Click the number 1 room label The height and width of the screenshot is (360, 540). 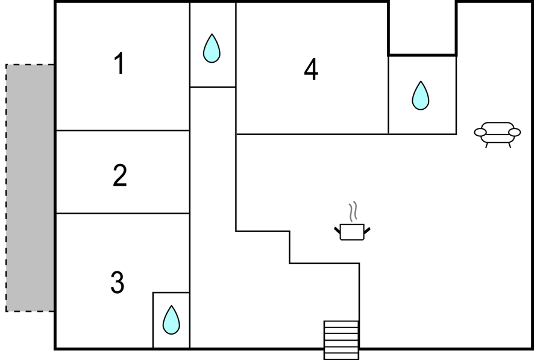pos(119,63)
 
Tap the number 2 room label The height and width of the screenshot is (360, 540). pos(120,175)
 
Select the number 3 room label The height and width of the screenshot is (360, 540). pos(118,282)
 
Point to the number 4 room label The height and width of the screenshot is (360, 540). pos(311,69)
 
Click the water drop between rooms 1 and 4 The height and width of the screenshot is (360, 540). pos(212,48)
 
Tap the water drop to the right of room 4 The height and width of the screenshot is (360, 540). pos(421,96)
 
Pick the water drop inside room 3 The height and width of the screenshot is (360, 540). pos(171,320)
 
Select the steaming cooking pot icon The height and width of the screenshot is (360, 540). pos(352,221)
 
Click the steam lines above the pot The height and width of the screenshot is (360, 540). pos(353,212)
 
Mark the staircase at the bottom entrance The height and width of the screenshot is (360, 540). pos(341,340)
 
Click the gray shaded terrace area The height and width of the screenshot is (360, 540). pos(30,188)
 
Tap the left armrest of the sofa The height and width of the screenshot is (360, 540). pos(480,132)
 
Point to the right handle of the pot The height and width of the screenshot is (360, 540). pos(367,230)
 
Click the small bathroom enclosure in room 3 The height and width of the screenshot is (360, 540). pos(171,320)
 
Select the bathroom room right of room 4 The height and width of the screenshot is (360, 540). pos(422,95)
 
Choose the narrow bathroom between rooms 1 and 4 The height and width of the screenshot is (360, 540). pos(213,45)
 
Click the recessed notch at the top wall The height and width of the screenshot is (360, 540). pos(422,28)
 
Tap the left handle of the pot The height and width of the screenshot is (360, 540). pos(337,230)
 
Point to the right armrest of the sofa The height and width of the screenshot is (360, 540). pos(515,132)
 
